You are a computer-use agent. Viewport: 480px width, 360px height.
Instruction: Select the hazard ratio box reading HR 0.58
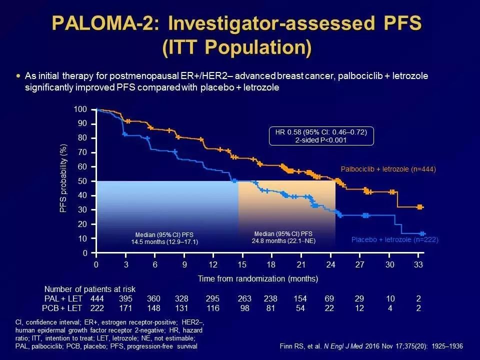tap(321, 136)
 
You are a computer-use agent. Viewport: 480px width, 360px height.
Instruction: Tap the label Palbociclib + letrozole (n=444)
tap(388, 169)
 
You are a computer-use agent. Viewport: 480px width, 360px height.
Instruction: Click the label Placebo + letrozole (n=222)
tap(394, 240)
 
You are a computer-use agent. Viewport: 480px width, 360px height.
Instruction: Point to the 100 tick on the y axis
tap(80, 109)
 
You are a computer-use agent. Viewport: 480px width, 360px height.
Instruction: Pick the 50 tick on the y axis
tap(82, 181)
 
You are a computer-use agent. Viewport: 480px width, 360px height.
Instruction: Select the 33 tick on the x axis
tap(418, 264)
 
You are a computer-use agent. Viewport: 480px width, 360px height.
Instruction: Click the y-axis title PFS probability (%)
tap(63, 178)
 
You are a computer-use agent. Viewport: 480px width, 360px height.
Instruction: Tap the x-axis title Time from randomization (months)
tap(257, 278)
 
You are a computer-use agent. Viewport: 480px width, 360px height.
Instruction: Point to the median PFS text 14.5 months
tap(164, 242)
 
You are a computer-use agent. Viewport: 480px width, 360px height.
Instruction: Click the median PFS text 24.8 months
tap(283, 240)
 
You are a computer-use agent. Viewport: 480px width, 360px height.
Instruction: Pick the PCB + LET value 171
tap(125, 307)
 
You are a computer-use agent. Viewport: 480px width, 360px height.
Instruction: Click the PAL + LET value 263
tap(243, 298)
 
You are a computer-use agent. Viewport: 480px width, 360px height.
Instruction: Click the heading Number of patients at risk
tap(89, 289)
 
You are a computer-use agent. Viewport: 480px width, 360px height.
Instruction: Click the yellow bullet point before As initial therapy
tap(18, 75)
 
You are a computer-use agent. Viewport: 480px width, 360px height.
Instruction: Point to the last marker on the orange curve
tap(420, 207)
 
